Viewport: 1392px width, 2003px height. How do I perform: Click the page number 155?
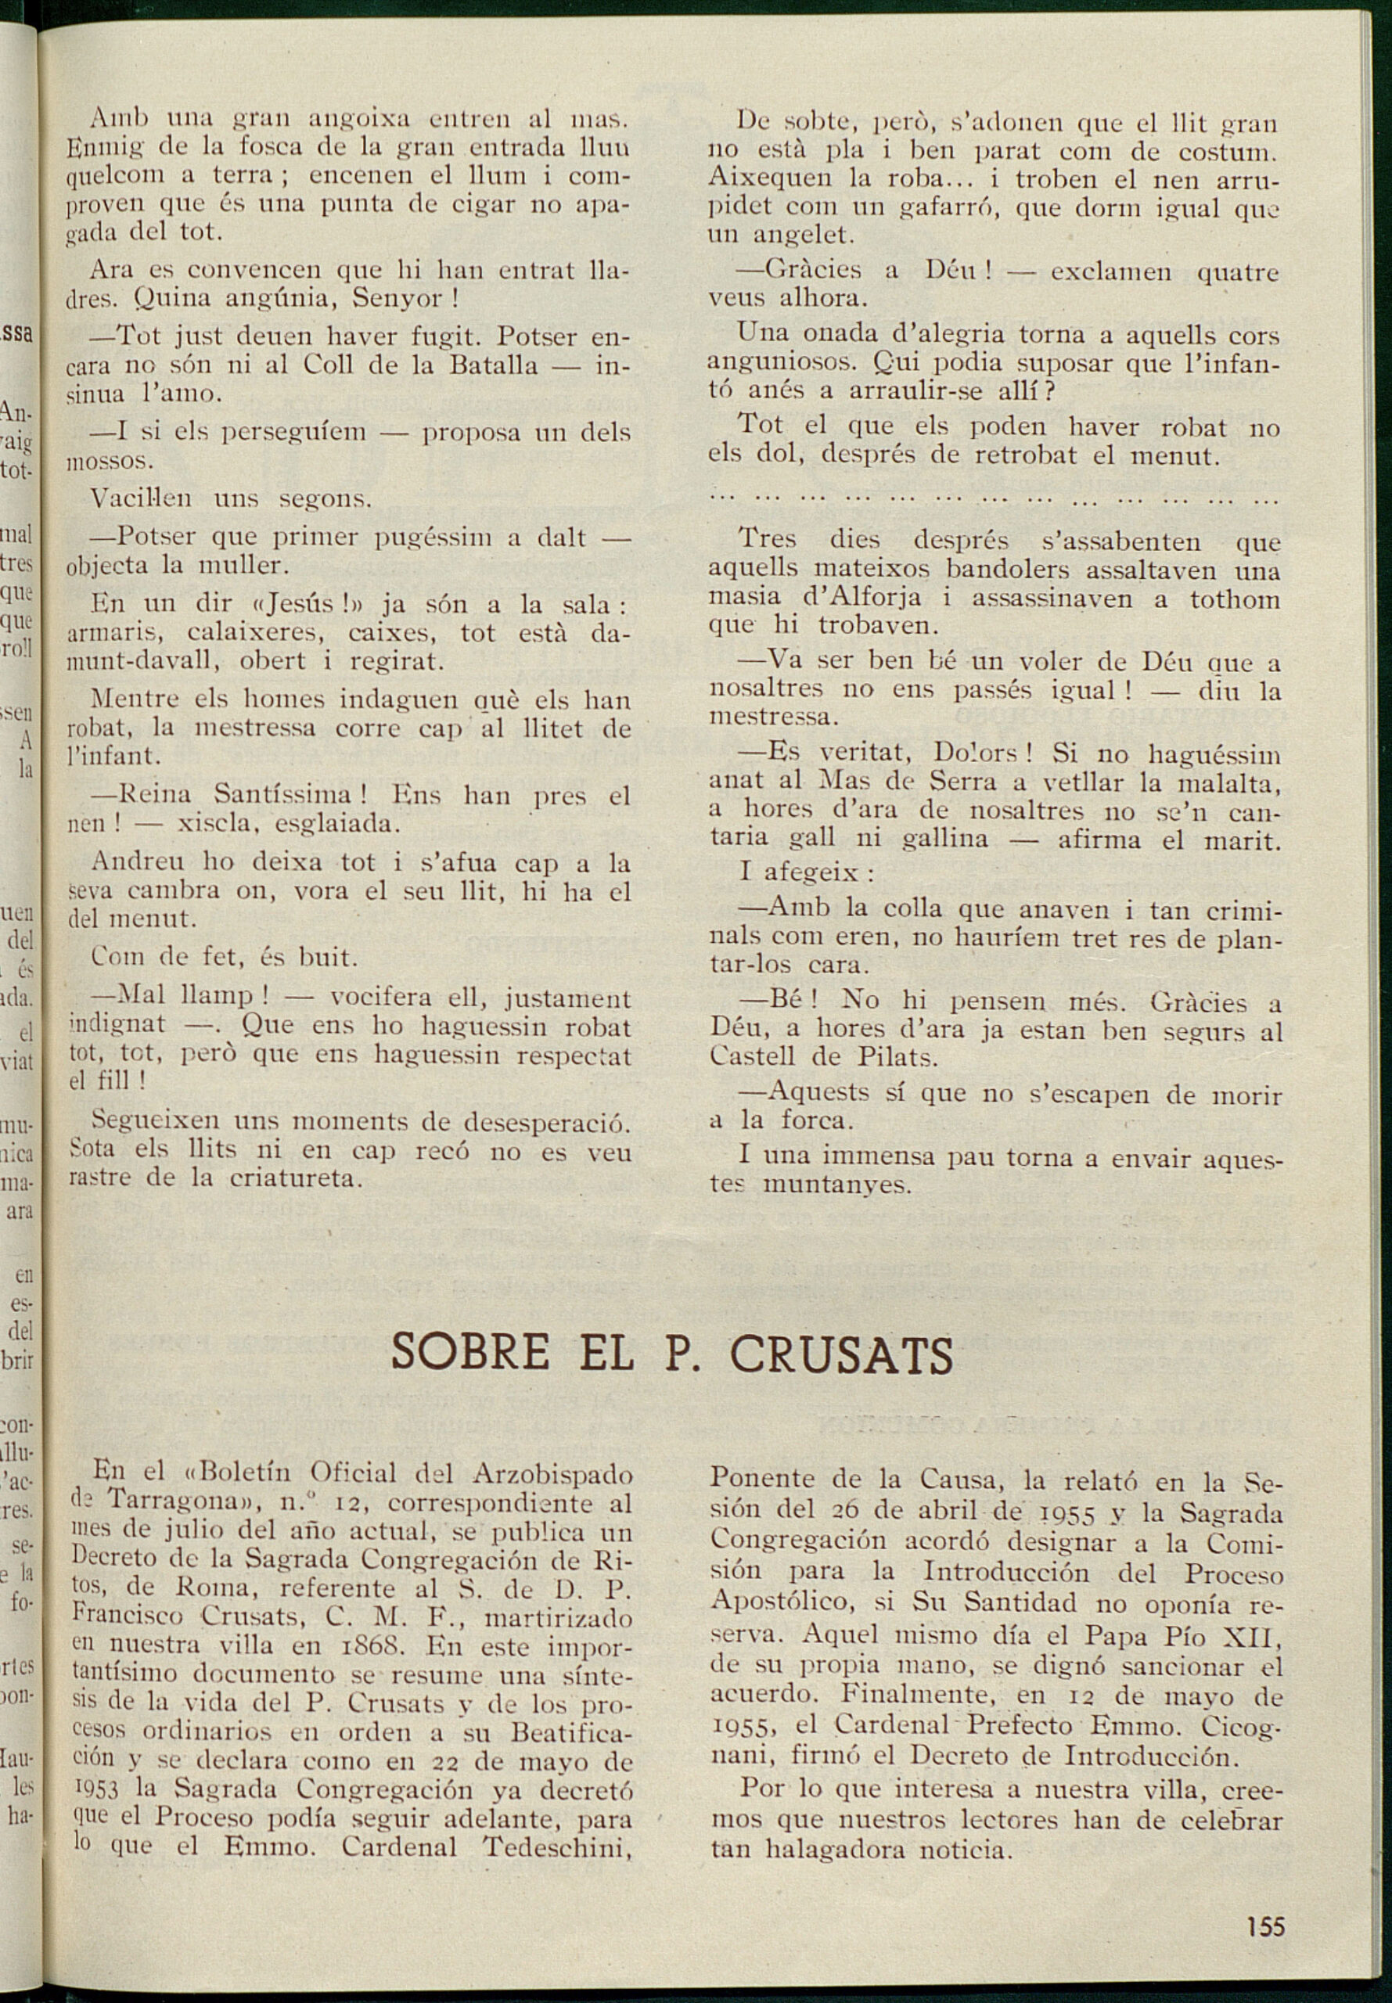pyautogui.click(x=1266, y=1926)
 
